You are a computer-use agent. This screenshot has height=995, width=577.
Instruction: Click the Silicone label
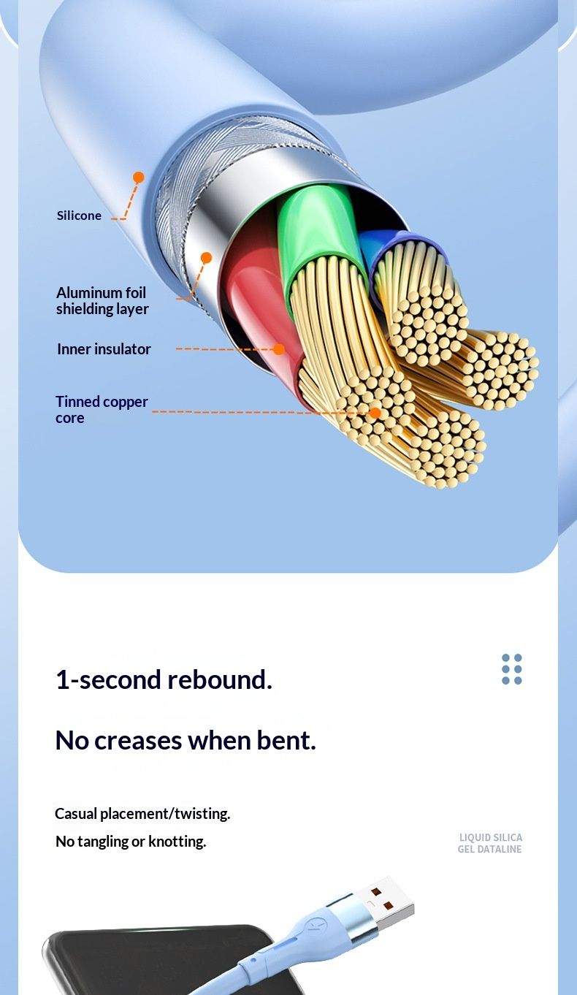(x=79, y=216)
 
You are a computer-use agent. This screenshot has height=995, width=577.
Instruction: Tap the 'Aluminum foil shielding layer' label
(x=102, y=301)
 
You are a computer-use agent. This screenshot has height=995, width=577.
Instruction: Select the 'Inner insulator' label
(x=104, y=349)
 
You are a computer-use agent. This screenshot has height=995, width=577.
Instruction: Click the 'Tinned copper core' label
(x=102, y=409)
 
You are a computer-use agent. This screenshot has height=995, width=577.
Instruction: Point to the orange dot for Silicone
(x=139, y=178)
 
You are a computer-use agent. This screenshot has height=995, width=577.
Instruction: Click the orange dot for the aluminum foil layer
(x=206, y=258)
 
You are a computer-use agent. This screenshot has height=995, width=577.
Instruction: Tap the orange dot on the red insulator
(x=278, y=349)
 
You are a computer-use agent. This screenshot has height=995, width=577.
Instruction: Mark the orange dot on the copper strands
(x=375, y=413)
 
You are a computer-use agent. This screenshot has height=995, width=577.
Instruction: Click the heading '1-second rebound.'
(x=164, y=679)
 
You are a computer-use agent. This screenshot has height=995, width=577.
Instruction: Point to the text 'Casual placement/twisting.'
(x=142, y=814)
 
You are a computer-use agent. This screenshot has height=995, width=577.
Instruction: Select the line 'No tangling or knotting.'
(x=131, y=842)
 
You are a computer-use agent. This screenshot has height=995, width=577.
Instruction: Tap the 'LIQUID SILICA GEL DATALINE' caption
(x=490, y=843)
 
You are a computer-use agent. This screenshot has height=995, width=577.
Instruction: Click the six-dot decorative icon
(x=512, y=669)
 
